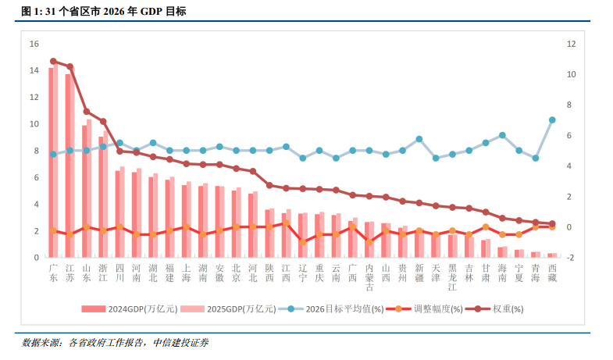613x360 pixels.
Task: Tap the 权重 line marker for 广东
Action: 53,61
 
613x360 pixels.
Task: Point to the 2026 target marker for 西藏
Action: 552,120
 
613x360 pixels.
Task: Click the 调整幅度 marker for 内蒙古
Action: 369,242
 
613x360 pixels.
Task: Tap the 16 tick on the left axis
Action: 34,44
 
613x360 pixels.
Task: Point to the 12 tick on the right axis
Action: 572,44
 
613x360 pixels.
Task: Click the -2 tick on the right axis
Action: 571,258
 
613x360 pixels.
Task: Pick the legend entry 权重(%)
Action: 508,308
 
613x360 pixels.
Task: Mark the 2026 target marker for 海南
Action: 502,135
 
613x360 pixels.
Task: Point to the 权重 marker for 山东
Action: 87,112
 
